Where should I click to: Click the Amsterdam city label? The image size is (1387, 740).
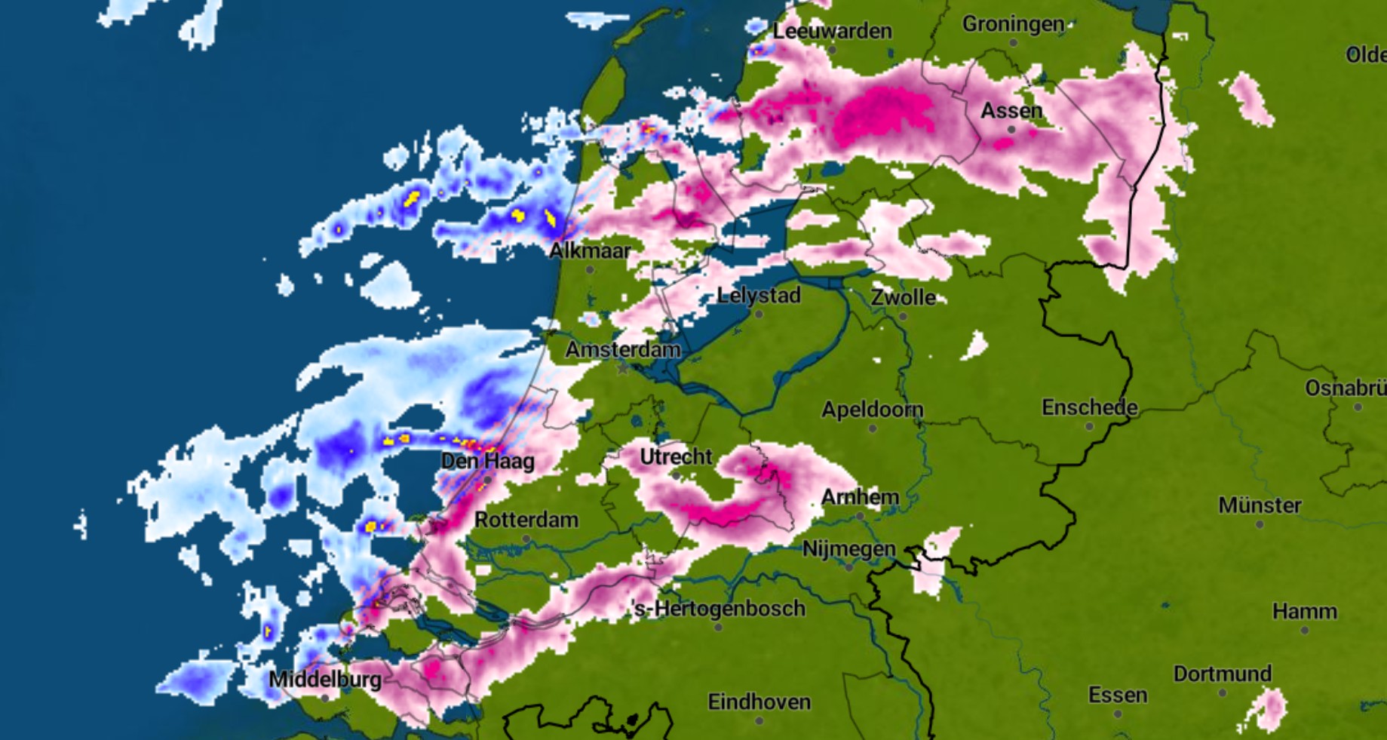pos(623,349)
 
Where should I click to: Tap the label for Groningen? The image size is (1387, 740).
pos(1013,24)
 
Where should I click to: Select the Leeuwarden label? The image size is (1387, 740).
pos(832,31)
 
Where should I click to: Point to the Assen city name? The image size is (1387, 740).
pos(1011,111)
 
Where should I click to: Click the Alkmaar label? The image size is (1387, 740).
pos(590,250)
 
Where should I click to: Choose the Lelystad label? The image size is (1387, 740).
pos(759,295)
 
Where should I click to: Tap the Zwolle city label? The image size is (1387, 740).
pos(903,297)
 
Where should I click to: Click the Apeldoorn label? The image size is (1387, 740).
pos(872,410)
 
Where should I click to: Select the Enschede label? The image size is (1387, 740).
pos(1089,407)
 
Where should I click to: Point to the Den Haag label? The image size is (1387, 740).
pos(487,461)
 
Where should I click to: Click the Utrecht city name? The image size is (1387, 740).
pos(676,456)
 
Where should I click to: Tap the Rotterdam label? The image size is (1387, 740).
pos(526,520)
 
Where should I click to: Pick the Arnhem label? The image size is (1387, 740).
pos(860,497)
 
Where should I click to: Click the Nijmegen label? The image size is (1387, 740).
pos(848,548)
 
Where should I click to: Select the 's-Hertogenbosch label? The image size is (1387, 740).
pos(719,609)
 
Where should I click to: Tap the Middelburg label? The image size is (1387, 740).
pos(325,679)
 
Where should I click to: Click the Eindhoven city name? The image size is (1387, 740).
pos(759,702)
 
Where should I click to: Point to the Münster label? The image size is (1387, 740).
pos(1260,505)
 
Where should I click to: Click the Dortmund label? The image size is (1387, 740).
pos(1222,674)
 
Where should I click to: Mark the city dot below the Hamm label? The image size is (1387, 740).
pos(1305,630)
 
